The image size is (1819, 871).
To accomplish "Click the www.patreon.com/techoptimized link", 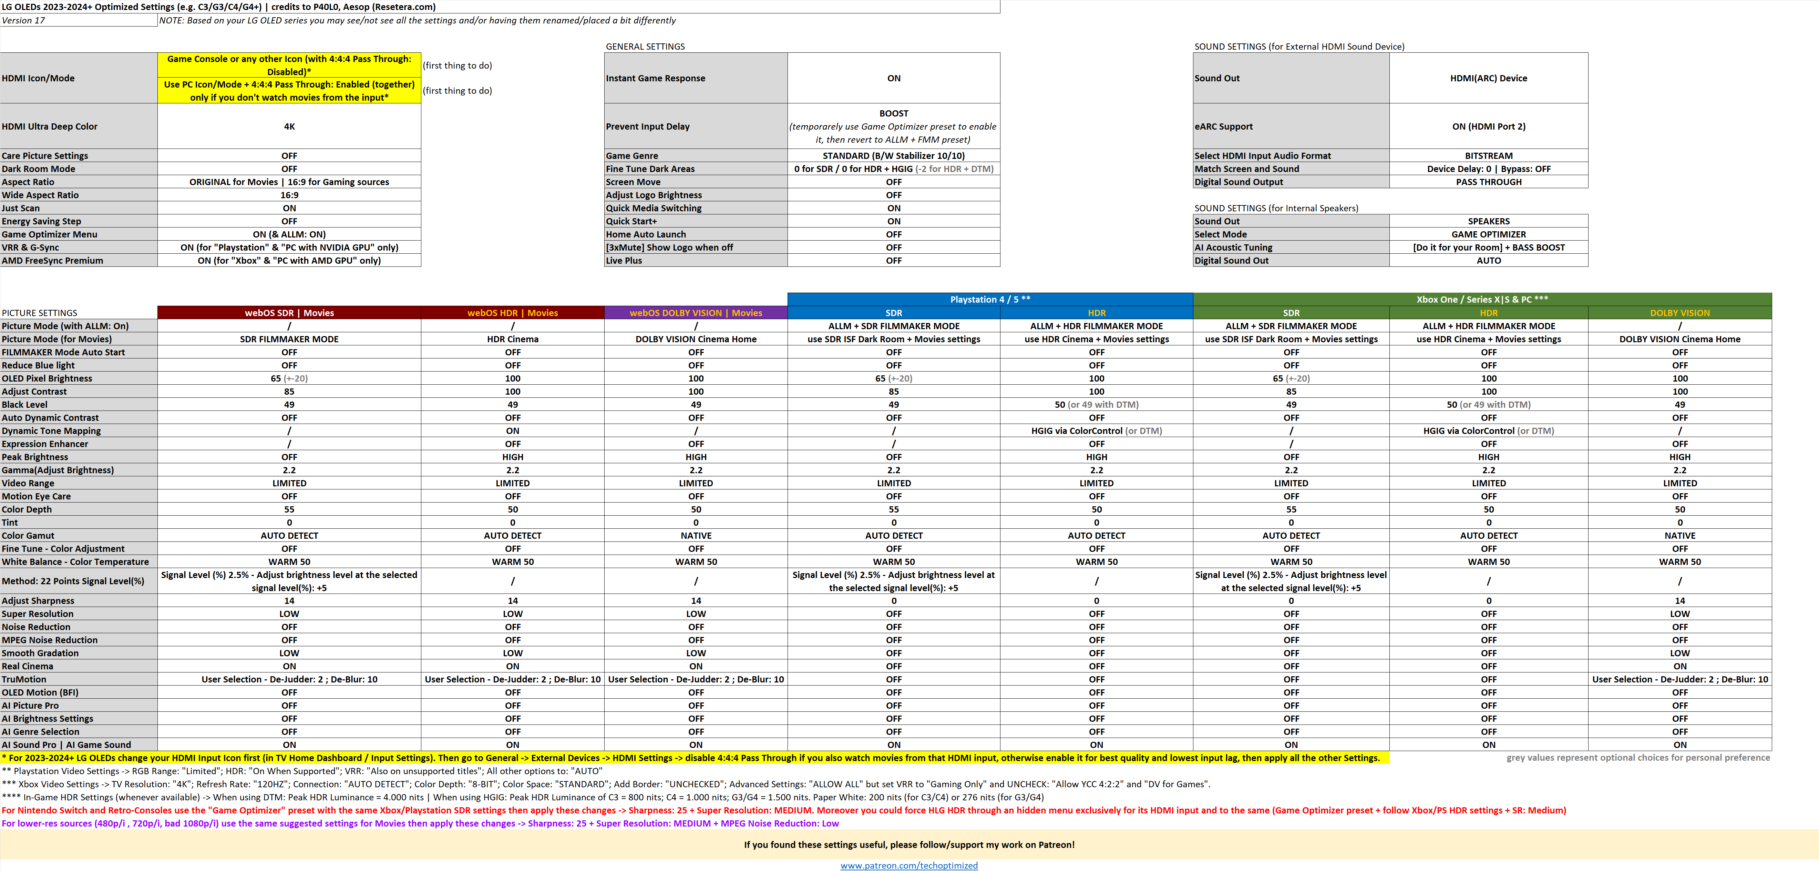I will pos(909,865).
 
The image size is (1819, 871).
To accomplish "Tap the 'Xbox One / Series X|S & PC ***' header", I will pos(1481,300).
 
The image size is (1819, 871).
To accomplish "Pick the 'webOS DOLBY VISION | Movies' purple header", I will pos(696,313).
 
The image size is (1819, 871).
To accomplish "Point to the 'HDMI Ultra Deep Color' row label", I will pos(49,126).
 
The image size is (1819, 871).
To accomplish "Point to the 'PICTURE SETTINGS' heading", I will pos(40,313).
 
